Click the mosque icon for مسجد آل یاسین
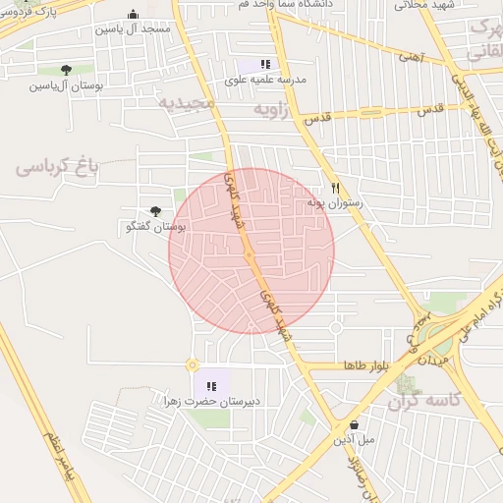pos(133,15)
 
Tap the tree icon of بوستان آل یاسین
pos(66,70)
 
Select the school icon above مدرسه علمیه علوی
pos(265,64)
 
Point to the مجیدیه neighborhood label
pos(186,101)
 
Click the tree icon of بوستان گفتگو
pos(155,210)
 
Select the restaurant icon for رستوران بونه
pos(335,188)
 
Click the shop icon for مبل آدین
pos(354,424)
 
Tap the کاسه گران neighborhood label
pos(424,401)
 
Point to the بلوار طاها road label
pos(365,364)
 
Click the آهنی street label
pos(411,57)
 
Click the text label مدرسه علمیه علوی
pos(266,80)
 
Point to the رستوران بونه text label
pos(335,202)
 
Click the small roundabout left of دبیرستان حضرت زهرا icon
pos(192,364)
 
